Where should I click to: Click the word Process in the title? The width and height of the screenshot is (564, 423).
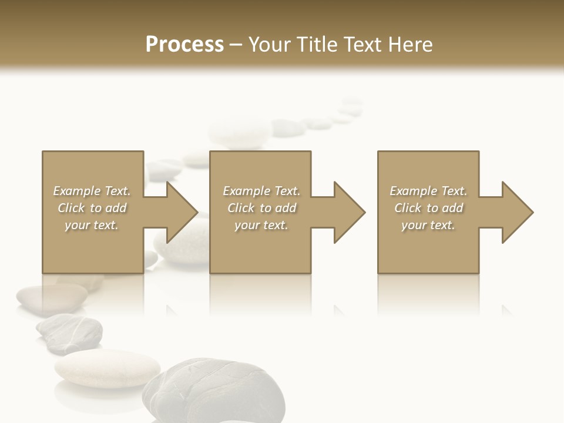pyautogui.click(x=184, y=45)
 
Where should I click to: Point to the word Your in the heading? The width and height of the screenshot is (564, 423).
pyautogui.click(x=270, y=45)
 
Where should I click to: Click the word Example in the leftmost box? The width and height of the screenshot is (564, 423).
pyautogui.click(x=77, y=191)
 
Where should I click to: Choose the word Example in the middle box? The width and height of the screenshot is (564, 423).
pyautogui.click(x=247, y=191)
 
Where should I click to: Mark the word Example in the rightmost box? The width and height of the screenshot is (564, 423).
pyautogui.click(x=414, y=191)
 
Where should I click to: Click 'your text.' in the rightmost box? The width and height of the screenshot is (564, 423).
pyautogui.click(x=428, y=225)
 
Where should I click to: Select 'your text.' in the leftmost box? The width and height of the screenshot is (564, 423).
pyautogui.click(x=92, y=225)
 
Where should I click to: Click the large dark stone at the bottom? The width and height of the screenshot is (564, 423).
pyautogui.click(x=214, y=391)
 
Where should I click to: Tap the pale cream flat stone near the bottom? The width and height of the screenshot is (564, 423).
pyautogui.click(x=107, y=368)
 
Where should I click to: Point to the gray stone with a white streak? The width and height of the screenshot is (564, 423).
pyautogui.click(x=69, y=332)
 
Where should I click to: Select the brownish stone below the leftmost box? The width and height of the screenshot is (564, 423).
pyautogui.click(x=52, y=298)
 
